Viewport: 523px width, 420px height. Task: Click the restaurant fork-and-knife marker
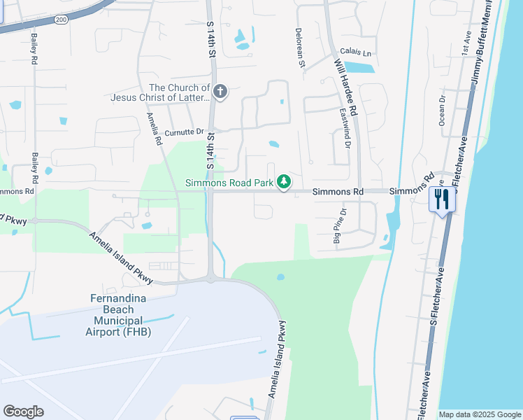442,199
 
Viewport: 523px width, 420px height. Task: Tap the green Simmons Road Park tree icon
284,182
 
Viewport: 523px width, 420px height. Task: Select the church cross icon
220,92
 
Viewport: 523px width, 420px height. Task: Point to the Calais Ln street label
356,52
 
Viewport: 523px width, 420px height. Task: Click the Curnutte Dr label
183,132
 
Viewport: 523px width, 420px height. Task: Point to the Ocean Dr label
442,111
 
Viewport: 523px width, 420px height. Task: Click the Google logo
23,412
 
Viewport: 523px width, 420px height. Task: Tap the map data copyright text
480,414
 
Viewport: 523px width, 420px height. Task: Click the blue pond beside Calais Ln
359,68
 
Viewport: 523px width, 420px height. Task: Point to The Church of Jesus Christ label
161,92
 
